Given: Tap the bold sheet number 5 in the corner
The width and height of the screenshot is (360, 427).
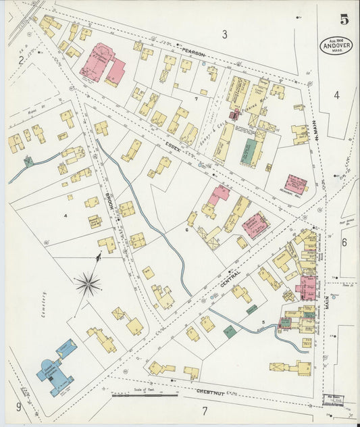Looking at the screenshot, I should click(x=344, y=20).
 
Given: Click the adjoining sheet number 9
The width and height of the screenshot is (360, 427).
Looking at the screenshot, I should click(x=19, y=407).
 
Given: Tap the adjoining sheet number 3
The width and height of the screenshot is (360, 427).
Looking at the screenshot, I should click(x=224, y=34).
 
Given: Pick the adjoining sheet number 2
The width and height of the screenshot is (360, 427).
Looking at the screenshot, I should click(x=21, y=61).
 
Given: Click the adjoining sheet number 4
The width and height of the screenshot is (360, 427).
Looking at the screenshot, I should click(x=336, y=95).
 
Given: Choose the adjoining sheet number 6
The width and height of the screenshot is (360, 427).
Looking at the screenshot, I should click(x=344, y=242).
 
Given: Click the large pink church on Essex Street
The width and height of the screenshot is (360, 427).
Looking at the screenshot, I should click(x=101, y=64).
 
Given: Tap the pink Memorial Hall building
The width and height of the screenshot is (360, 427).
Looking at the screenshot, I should click(x=295, y=184).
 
